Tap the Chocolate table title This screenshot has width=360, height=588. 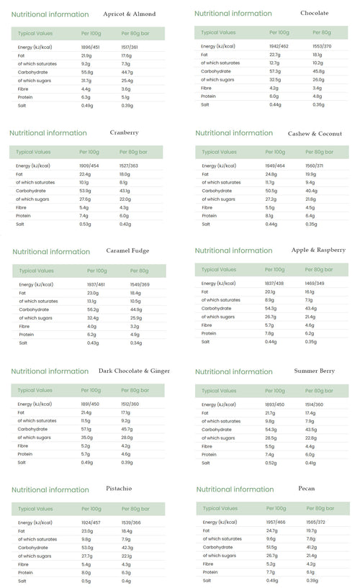(314, 13)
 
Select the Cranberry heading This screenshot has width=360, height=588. (125, 132)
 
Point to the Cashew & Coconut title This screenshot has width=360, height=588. (315, 133)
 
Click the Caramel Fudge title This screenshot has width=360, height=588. (127, 250)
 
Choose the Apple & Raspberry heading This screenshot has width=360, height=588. (318, 250)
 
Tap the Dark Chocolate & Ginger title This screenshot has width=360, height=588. (134, 371)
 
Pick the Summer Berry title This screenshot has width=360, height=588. (315, 371)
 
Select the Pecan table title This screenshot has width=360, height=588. (306, 488)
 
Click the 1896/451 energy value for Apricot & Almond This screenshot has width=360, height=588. (91, 48)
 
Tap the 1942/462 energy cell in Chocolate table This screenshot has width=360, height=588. (279, 46)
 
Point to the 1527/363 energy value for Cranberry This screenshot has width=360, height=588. (130, 166)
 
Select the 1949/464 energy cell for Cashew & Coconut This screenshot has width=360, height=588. (276, 166)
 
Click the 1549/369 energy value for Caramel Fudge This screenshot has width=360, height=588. (140, 285)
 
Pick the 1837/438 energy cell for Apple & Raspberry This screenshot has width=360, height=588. (275, 284)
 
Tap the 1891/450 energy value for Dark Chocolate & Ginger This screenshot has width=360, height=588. (91, 404)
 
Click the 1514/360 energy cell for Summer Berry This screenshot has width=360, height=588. (315, 404)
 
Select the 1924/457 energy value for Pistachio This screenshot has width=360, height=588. (91, 522)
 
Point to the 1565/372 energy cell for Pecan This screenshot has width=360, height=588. (315, 522)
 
